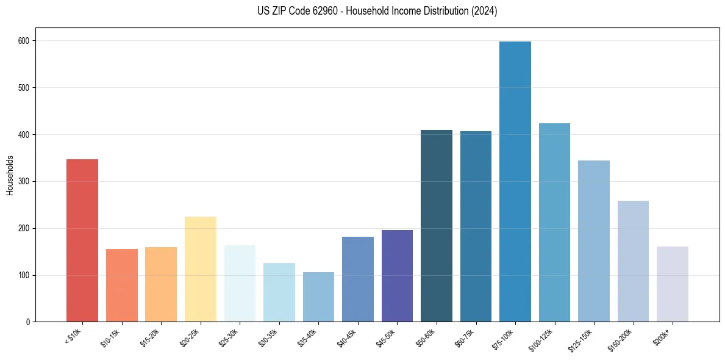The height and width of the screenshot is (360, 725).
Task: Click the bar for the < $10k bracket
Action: click(82, 240)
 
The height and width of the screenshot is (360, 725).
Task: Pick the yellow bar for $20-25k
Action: click(201, 269)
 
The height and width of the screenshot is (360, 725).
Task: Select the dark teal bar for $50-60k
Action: click(437, 226)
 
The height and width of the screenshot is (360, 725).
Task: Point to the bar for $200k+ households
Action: click(673, 284)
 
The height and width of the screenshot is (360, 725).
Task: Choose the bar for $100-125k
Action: click(554, 223)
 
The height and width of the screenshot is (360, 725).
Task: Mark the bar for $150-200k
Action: click(633, 261)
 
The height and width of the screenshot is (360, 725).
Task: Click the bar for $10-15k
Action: click(122, 285)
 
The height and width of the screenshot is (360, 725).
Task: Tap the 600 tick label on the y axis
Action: click(26, 41)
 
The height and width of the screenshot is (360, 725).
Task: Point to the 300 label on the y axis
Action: click(26, 182)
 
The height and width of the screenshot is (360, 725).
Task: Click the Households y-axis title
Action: click(10, 175)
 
